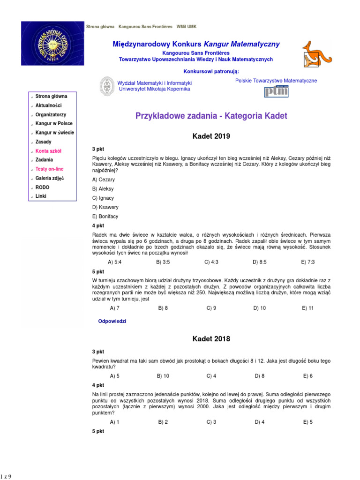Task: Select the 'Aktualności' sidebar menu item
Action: [x=48, y=106]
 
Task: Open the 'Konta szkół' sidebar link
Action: [x=48, y=151]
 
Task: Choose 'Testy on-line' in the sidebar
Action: [x=49, y=169]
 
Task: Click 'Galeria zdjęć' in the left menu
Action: [x=49, y=179]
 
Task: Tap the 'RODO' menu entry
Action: [x=42, y=187]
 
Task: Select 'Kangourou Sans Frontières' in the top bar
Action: [x=145, y=26]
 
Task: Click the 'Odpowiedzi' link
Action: [x=112, y=321]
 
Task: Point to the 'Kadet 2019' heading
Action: [x=211, y=137]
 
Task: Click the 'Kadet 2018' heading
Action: [x=211, y=339]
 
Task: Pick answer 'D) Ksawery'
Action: [x=105, y=207]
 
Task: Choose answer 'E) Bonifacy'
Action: [x=105, y=217]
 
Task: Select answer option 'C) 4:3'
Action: [x=211, y=262]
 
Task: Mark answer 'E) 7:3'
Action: [x=308, y=262]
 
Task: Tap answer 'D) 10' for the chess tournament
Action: [x=260, y=308]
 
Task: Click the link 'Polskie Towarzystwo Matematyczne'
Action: [x=276, y=81]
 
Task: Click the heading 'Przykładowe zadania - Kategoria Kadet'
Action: [x=211, y=116]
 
